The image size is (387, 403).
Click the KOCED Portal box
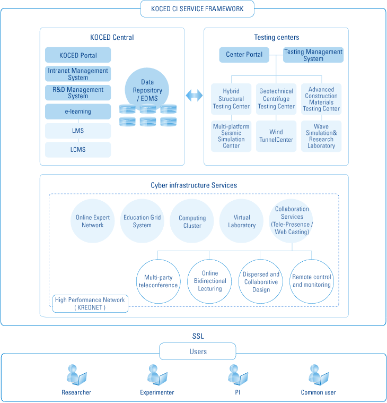[78, 55]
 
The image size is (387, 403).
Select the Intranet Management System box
[78, 74]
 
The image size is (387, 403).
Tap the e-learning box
[78, 112]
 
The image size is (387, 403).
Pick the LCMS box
[78, 150]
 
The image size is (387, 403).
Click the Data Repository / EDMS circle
[147, 88]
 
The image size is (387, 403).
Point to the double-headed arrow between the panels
[194, 96]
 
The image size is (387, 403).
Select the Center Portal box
[244, 55]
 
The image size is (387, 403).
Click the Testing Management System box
[313, 55]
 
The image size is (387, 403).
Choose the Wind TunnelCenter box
[276, 136]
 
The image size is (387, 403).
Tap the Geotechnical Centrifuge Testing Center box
[276, 99]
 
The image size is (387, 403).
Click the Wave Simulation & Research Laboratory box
[321, 136]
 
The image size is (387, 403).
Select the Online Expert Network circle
[93, 221]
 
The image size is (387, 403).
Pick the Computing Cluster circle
[192, 221]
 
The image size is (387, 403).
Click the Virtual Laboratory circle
[242, 221]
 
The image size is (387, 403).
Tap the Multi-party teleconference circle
[158, 281]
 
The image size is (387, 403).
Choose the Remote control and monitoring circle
[312, 281]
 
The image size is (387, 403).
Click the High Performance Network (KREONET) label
[90, 304]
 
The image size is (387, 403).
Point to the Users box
[198, 351]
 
